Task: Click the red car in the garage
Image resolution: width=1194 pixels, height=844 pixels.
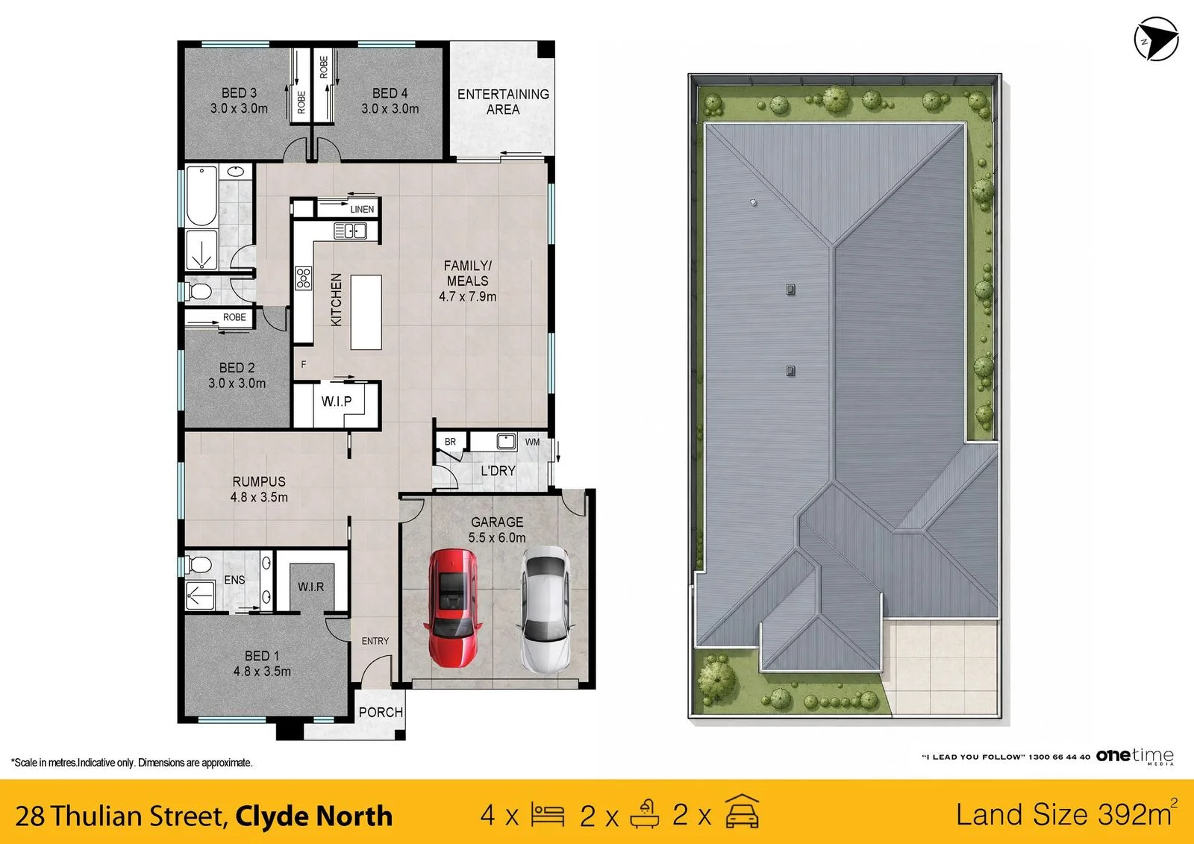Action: [452, 607]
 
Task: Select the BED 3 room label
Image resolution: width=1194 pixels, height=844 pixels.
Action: [239, 93]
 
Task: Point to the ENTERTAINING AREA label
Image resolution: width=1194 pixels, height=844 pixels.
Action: [503, 101]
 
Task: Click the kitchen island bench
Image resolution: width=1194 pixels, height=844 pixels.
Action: [366, 312]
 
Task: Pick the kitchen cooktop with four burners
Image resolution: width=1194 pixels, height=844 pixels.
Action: [303, 278]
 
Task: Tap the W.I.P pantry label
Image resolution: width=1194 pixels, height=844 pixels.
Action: [337, 401]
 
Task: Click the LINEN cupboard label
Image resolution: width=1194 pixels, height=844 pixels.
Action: [362, 210]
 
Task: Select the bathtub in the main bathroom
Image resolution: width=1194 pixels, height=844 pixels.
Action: [201, 196]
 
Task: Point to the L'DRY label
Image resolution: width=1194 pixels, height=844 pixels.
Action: [498, 471]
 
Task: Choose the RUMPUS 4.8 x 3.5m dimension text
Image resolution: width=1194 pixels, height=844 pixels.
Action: [259, 498]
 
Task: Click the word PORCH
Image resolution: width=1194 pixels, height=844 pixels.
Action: [381, 713]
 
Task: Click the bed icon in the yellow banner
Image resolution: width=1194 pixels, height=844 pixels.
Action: [548, 815]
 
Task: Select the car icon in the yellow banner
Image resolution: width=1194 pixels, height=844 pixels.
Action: [742, 811]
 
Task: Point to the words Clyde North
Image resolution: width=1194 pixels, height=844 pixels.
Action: [313, 816]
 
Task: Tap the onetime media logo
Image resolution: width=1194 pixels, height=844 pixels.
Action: [1134, 756]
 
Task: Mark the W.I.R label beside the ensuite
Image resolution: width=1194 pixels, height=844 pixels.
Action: [310, 587]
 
